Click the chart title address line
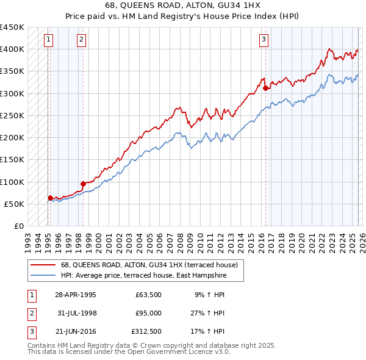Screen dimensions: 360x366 point(182,5)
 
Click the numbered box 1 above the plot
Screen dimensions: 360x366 point(48,40)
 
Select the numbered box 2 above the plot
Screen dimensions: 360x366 point(81,40)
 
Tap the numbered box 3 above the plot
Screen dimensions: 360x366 point(264,40)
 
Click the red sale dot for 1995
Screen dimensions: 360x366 point(50,198)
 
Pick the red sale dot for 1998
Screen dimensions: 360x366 point(83,183)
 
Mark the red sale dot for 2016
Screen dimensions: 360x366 point(266,87)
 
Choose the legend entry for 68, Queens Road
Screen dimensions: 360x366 point(152,265)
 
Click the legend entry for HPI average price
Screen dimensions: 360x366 point(143,275)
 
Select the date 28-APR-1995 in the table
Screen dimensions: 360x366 point(75,295)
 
